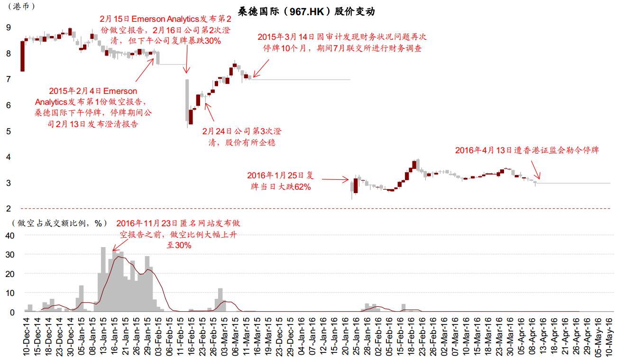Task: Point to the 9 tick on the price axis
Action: [8, 28]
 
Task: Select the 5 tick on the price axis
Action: [8, 131]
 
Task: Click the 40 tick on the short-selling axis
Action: [10, 235]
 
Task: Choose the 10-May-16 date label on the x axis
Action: [610, 337]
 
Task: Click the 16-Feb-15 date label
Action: [190, 337]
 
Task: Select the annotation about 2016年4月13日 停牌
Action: [527, 150]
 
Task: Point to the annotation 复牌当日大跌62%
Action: [281, 181]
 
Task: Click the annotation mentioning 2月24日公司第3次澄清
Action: [242, 136]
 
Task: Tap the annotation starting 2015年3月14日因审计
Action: [339, 42]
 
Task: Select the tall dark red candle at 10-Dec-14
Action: [22, 56]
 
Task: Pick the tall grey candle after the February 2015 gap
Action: [187, 100]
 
